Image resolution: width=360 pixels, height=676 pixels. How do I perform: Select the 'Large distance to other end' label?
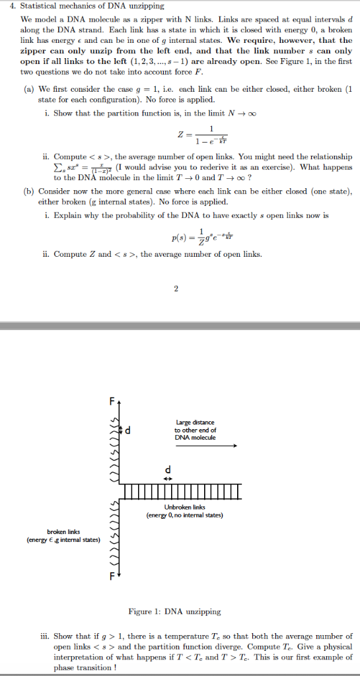tap(196, 430)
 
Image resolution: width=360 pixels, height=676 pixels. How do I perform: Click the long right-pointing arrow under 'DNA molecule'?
tap(205, 446)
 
